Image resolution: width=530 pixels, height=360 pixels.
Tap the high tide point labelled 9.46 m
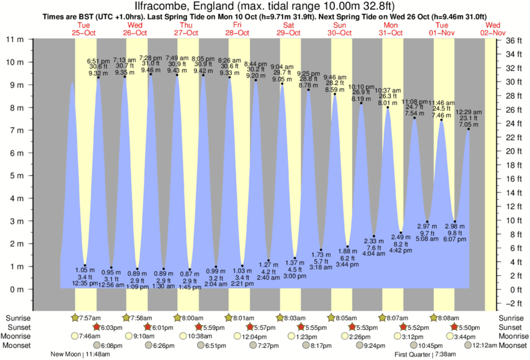click(151, 74)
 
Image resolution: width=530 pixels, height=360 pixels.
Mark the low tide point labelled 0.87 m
click(190, 270)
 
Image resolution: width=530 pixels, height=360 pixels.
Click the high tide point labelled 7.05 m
click(469, 129)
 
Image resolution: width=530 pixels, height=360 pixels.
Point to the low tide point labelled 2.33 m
click(374, 236)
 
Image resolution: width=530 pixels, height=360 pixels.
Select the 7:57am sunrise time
click(91, 317)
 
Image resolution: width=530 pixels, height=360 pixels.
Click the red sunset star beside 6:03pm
click(96, 327)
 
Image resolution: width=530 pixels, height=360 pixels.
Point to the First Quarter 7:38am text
click(422, 355)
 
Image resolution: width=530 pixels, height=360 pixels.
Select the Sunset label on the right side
click(511, 327)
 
